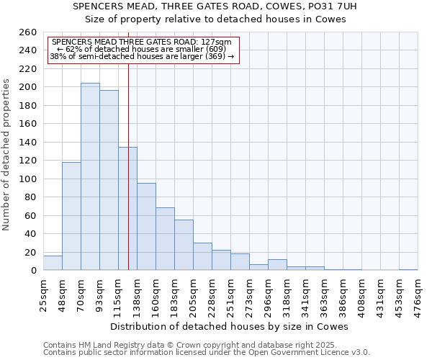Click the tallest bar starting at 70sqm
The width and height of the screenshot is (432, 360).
coord(90,176)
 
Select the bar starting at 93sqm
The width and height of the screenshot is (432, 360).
coord(109,180)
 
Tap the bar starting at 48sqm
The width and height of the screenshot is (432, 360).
coord(71,216)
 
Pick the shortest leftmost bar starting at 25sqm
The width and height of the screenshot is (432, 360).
coord(53,264)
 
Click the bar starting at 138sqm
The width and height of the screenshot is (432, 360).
coord(146,227)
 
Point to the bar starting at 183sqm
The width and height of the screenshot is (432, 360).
coord(184,245)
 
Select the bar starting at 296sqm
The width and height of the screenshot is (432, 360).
coord(277,265)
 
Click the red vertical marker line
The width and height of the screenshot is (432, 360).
coord(128,180)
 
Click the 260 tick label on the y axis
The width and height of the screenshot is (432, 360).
coord(28,32)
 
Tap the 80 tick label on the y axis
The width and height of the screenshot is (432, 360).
coord(31,197)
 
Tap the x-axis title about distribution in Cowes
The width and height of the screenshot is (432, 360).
coord(230,327)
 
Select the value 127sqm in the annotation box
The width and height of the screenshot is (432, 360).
coord(216,42)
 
